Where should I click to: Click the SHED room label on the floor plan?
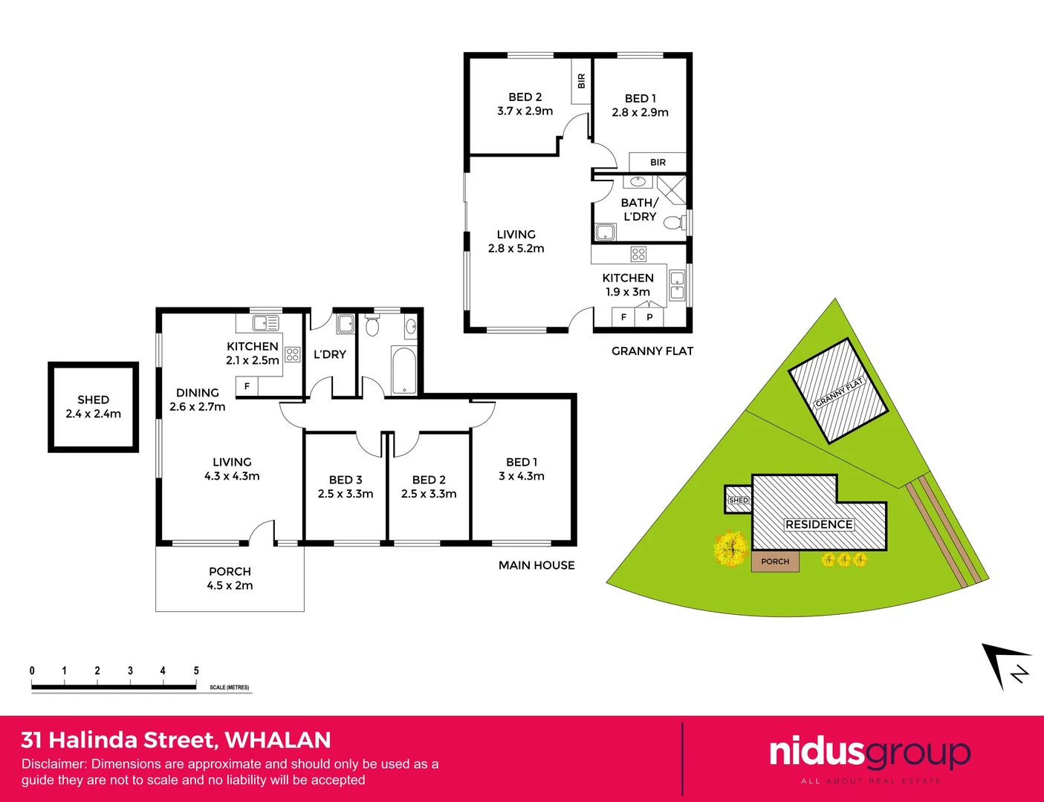(x=93, y=400)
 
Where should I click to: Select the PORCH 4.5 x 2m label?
(x=230, y=578)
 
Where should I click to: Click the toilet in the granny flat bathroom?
(x=674, y=223)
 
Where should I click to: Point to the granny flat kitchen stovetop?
(x=638, y=254)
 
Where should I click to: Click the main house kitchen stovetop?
(x=293, y=354)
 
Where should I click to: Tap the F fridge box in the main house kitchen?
(x=247, y=386)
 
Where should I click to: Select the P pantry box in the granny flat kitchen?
(x=649, y=317)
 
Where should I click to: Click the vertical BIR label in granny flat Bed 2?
(x=581, y=82)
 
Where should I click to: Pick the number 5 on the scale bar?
(x=196, y=671)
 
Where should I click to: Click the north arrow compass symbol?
(x=1006, y=665)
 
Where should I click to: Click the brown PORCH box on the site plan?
(x=775, y=561)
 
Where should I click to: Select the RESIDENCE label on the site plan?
(x=819, y=524)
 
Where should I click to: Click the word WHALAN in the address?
(x=278, y=740)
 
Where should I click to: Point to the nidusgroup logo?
(x=869, y=753)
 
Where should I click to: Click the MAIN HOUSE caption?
(x=536, y=565)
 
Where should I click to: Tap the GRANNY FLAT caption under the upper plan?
(x=652, y=351)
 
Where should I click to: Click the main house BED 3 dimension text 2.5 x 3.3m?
(x=346, y=494)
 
